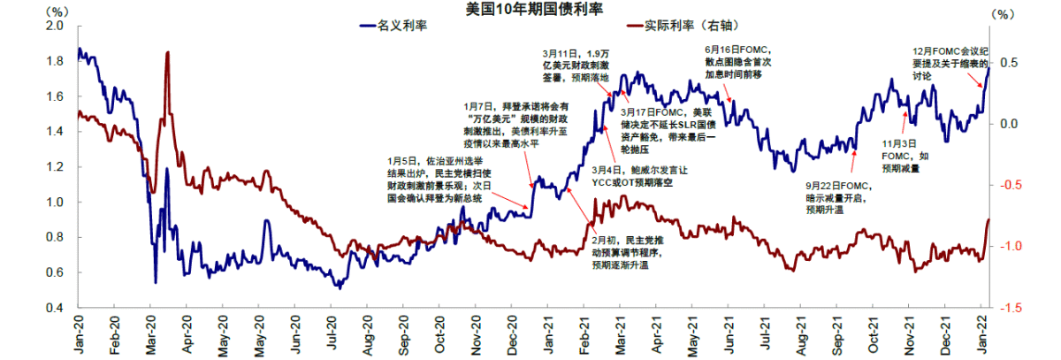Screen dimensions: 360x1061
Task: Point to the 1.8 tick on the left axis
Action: pyautogui.click(x=55, y=61)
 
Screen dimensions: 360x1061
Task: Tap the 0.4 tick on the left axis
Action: pyautogui.click(x=55, y=308)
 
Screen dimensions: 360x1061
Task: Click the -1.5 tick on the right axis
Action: pyautogui.click(x=1008, y=308)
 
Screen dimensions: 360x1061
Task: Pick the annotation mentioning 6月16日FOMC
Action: pyautogui.click(x=739, y=61)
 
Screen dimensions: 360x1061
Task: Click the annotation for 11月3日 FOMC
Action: pyautogui.click(x=902, y=155)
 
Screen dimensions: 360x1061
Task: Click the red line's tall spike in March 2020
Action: pyautogui.click(x=167, y=55)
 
